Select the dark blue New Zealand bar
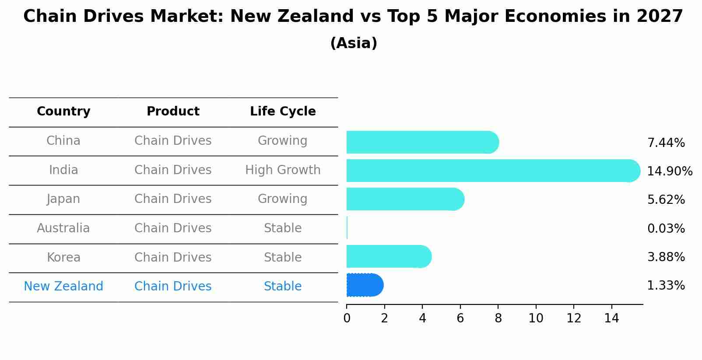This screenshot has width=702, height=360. (x=365, y=285)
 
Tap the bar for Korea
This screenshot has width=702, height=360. (x=389, y=256)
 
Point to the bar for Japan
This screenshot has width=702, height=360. (x=405, y=199)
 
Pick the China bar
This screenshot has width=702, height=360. (x=422, y=142)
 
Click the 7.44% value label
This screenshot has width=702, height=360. (x=666, y=143)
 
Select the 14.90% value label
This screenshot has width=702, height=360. (x=670, y=171)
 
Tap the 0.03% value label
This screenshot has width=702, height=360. (x=666, y=229)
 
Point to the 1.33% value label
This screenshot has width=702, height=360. (x=666, y=286)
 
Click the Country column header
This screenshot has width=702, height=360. (x=63, y=112)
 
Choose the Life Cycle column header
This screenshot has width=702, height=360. (x=283, y=112)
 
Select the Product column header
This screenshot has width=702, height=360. (x=173, y=112)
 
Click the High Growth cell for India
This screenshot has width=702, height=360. (x=283, y=170)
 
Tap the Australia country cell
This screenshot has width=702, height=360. (x=63, y=228)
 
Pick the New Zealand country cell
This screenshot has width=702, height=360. (x=63, y=287)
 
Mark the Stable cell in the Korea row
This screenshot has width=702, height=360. (x=283, y=258)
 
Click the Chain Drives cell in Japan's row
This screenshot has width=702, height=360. (x=173, y=199)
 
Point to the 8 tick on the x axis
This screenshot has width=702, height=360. (x=498, y=318)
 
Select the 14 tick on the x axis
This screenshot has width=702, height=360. (x=611, y=318)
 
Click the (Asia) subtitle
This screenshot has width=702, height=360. (x=354, y=43)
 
